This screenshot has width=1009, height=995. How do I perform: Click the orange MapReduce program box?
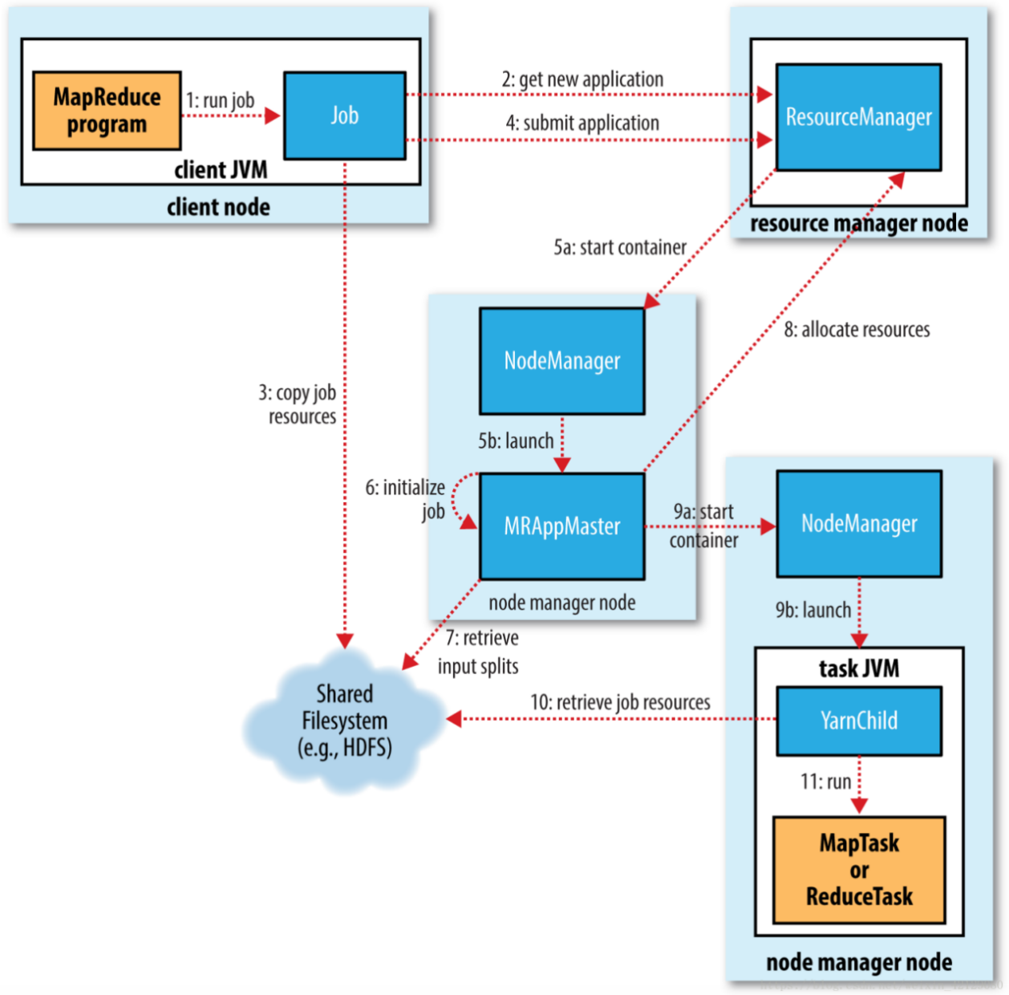point(107,111)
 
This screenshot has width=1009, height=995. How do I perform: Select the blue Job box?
point(345,116)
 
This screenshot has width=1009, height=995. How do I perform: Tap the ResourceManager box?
point(858,117)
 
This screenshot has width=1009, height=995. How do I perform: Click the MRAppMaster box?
point(561,526)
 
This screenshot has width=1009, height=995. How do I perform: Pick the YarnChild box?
point(858,721)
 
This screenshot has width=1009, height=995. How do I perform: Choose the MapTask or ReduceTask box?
point(858,870)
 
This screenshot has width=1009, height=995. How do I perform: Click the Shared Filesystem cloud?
point(344,721)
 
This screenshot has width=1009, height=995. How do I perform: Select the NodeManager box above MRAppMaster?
point(561,361)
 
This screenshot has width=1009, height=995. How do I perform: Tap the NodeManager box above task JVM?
point(858,524)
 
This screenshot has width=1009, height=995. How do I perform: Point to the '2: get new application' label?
point(582,79)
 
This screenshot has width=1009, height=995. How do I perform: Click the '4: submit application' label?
point(582,123)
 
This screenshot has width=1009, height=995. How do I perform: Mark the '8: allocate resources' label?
point(857,330)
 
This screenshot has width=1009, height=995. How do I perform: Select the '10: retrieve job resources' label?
point(620,703)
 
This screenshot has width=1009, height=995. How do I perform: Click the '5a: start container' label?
point(620,247)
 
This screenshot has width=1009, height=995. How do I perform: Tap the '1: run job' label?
point(221,100)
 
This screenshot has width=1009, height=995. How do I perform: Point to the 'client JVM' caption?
point(221,170)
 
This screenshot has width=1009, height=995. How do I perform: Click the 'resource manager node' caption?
point(858,223)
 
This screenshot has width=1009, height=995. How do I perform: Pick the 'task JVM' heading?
point(858,668)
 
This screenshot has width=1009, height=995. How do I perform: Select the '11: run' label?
point(825,782)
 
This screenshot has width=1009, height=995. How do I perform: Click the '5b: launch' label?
point(516,441)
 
